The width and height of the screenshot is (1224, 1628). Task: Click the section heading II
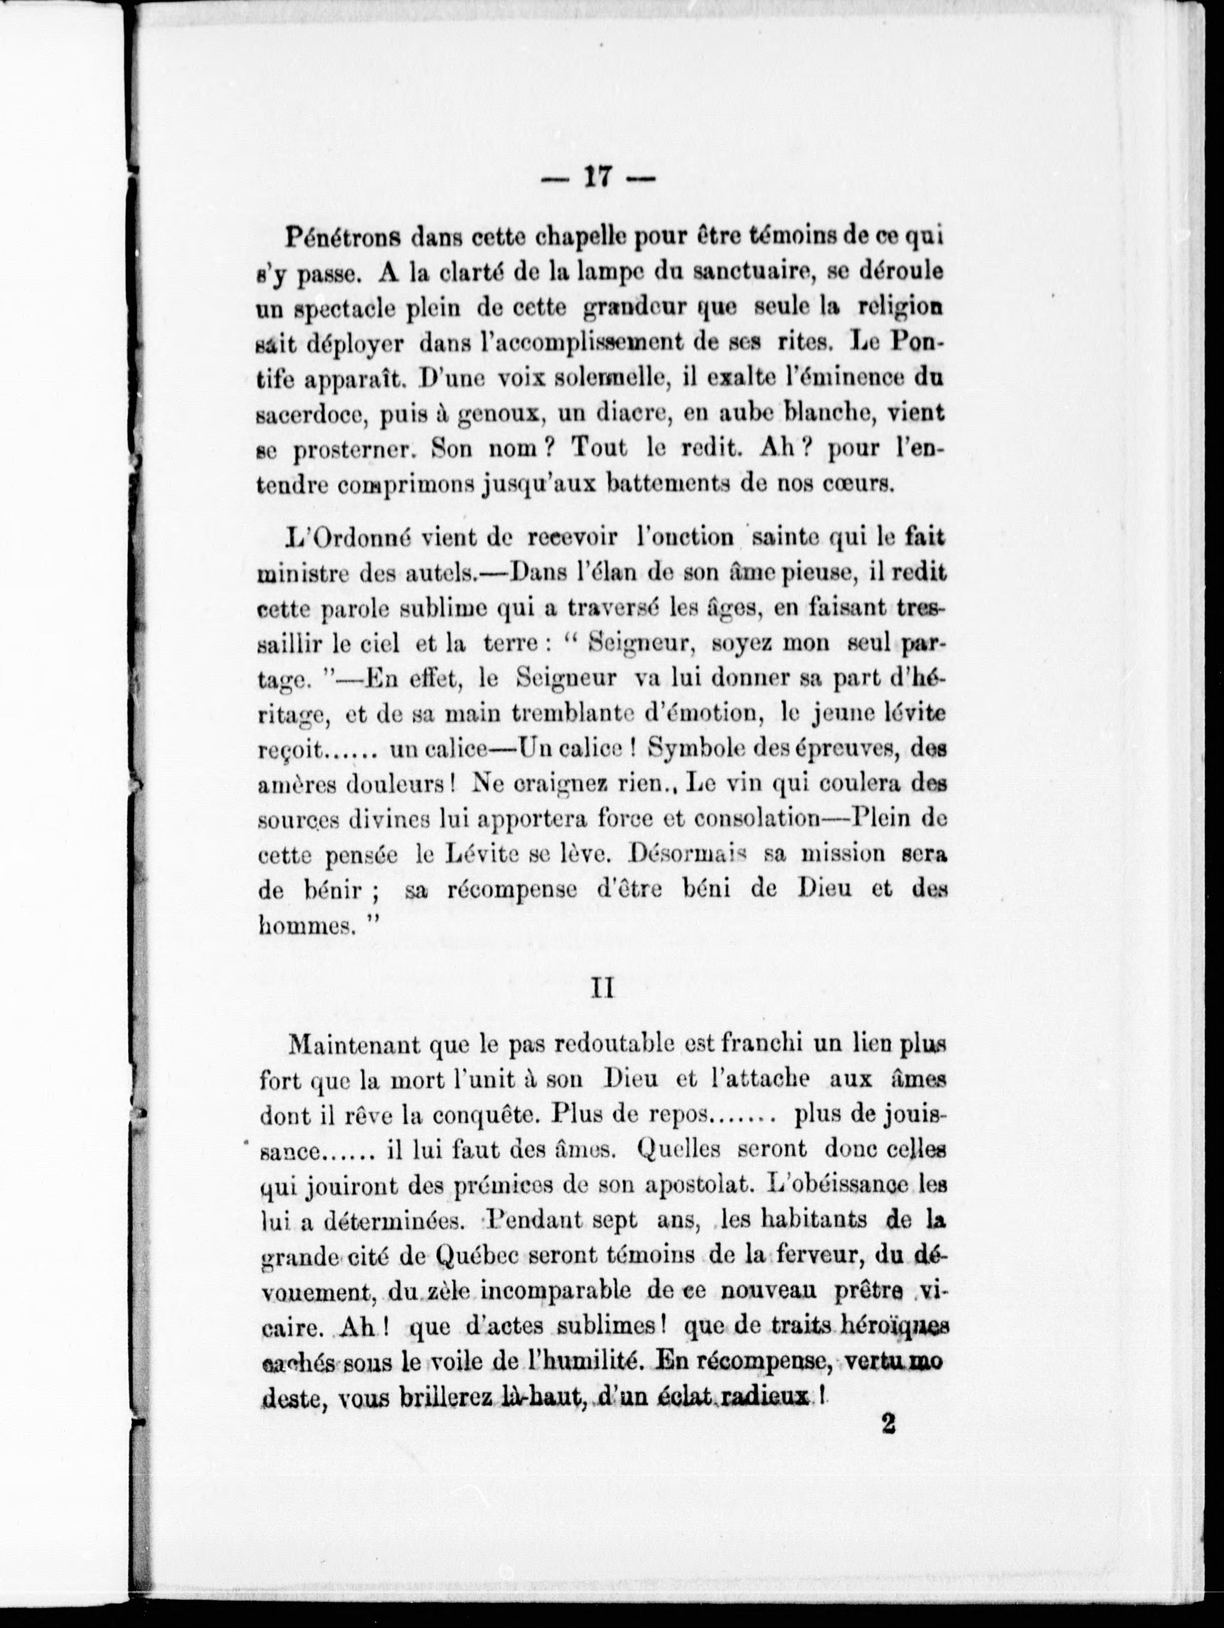604,990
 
